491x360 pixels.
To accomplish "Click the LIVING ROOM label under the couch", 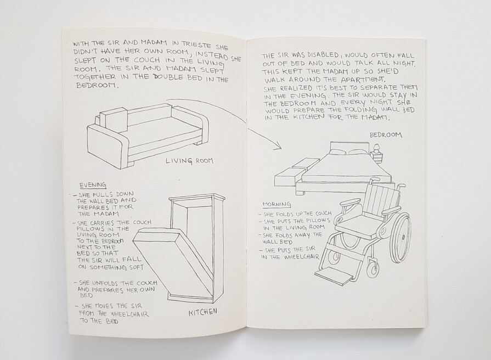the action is (189, 161).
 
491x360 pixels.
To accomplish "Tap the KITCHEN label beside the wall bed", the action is (202, 312).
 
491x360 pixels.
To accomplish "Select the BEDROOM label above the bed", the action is (386, 135).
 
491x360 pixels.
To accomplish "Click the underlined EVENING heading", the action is (93, 185).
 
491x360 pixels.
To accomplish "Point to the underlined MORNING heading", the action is (276, 205).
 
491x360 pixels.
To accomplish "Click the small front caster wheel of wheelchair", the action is (373, 268).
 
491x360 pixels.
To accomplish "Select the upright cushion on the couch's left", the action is (114, 121).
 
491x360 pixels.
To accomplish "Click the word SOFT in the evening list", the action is (136, 267).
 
